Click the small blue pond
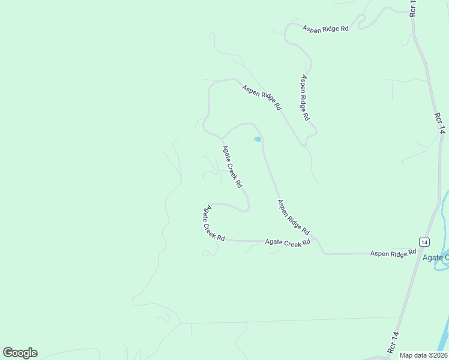(x=258, y=139)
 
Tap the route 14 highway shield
(x=424, y=242)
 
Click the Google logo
(x=20, y=352)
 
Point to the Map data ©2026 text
(x=423, y=355)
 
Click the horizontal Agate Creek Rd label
(x=288, y=242)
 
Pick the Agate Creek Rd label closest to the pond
(x=232, y=166)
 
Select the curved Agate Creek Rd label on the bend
(x=213, y=223)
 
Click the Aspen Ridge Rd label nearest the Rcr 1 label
(x=325, y=29)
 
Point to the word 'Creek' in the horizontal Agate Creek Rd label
(x=291, y=242)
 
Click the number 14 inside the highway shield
(x=424, y=242)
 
